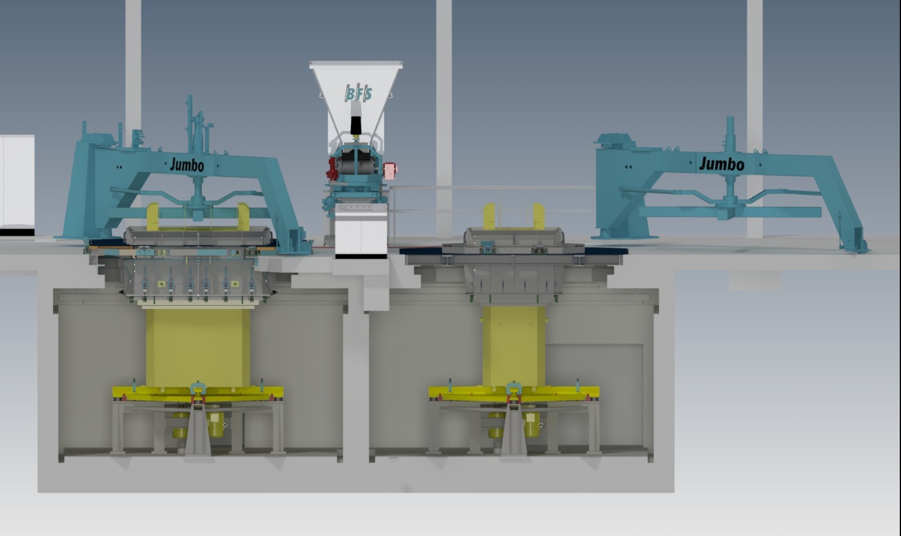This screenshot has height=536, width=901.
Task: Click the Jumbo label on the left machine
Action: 187,165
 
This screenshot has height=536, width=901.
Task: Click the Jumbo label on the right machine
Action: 721,164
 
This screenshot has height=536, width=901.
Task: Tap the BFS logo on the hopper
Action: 358,93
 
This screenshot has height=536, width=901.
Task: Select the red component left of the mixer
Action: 331,169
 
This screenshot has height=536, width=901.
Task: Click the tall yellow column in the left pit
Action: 197,348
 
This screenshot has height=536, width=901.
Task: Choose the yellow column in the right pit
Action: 514,346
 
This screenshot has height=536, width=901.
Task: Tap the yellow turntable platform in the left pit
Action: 197,393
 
